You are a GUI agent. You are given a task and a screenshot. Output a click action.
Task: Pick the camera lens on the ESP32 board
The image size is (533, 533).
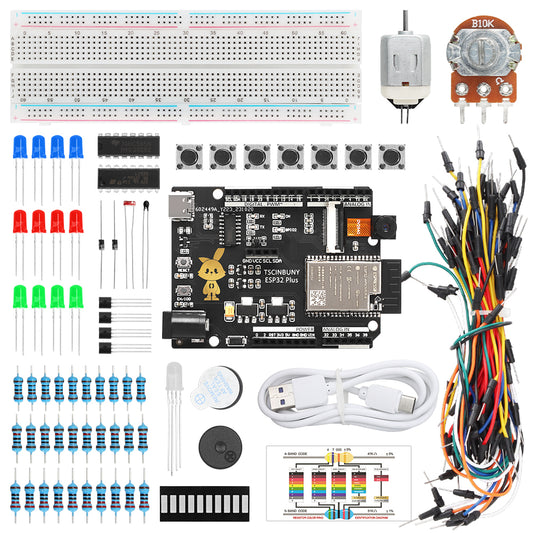click(x=359, y=227)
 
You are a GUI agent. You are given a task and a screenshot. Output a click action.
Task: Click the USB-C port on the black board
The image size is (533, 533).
click(x=185, y=211)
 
